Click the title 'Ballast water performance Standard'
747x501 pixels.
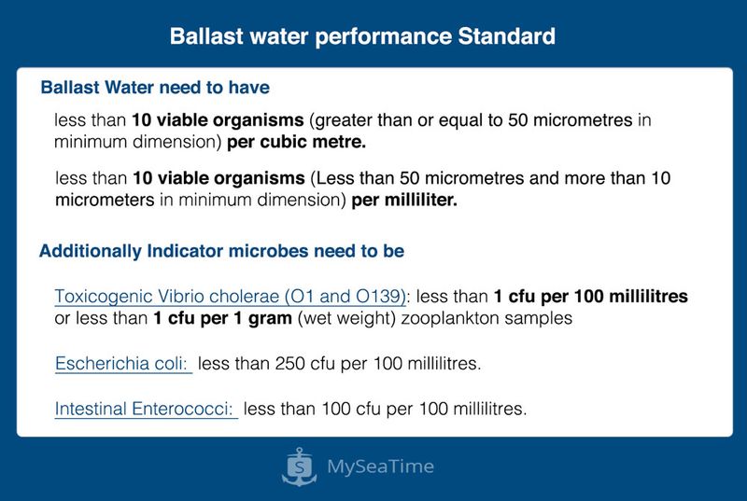(362, 36)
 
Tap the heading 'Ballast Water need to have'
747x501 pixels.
(155, 88)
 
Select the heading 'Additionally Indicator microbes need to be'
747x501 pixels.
(221, 251)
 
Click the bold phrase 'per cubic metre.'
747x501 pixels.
(296, 142)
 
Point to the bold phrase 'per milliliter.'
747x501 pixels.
(404, 201)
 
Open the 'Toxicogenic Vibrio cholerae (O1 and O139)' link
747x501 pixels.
(230, 297)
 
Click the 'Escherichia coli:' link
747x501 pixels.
(122, 364)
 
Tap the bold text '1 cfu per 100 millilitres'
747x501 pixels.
(591, 297)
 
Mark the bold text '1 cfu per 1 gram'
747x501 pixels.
(222, 318)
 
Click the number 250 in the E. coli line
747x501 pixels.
(289, 364)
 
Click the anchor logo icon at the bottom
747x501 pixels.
(299, 466)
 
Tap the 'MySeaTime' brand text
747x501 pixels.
(381, 466)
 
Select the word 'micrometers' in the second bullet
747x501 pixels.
(105, 201)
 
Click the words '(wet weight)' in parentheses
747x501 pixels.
(346, 319)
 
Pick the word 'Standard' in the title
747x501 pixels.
(506, 36)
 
